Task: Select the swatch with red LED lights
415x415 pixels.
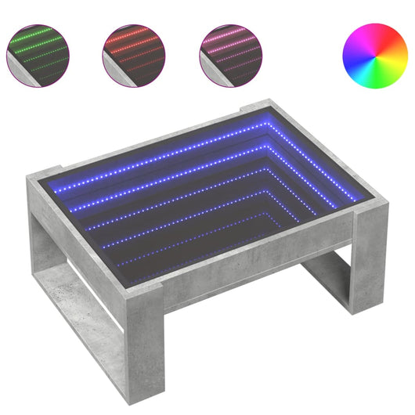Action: click(x=132, y=54)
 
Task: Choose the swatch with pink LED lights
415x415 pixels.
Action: click(x=229, y=54)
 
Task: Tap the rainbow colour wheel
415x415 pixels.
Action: click(x=374, y=55)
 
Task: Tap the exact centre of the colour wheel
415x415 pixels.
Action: click(x=374, y=55)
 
